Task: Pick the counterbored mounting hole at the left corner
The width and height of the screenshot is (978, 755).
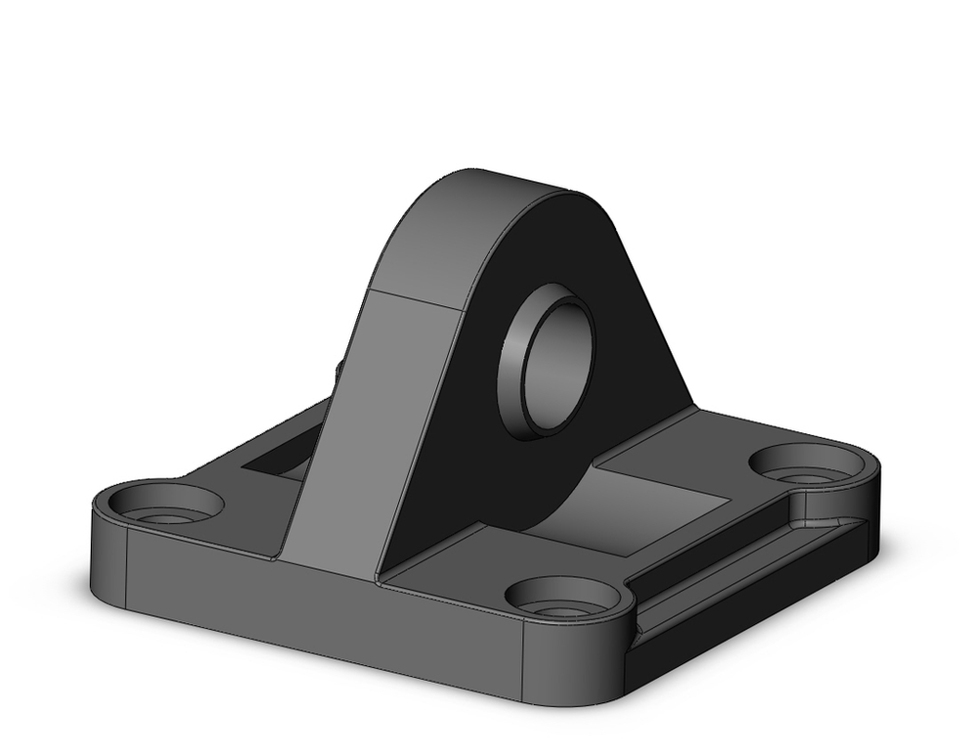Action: point(164,505)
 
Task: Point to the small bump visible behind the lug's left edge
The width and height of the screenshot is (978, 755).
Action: point(338,370)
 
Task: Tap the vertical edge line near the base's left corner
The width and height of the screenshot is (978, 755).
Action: point(126,563)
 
